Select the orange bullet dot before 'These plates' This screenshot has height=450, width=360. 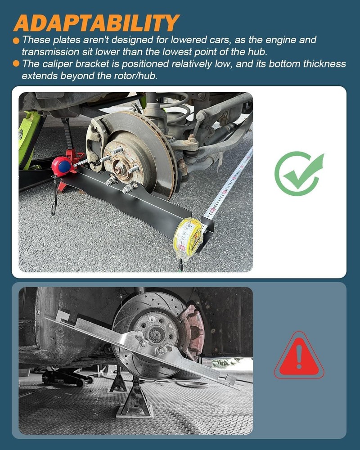click(16, 40)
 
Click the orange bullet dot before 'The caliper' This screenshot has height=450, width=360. click(16, 64)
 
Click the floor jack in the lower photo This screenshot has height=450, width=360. click(67, 376)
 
